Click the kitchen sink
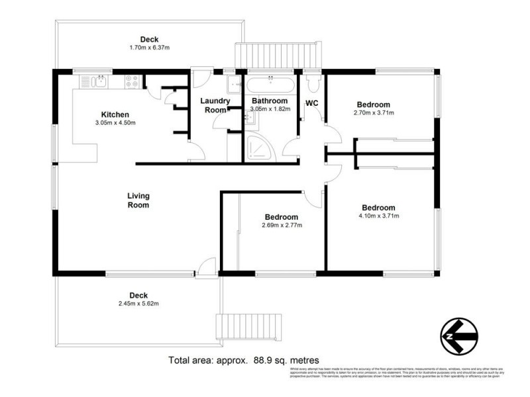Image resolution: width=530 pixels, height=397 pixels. (x=99, y=81)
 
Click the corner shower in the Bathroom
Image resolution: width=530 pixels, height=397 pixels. (x=255, y=149)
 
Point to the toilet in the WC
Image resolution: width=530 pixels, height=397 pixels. (x=313, y=82)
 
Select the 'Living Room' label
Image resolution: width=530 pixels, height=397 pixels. (x=138, y=200)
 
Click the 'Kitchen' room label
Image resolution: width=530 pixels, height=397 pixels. (x=115, y=114)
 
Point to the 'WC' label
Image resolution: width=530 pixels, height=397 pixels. (x=311, y=103)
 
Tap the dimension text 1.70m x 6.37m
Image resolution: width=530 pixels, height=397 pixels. (x=149, y=48)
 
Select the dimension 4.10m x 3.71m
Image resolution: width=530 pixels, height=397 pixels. (x=377, y=216)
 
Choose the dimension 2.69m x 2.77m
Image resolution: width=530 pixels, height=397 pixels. (x=281, y=226)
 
